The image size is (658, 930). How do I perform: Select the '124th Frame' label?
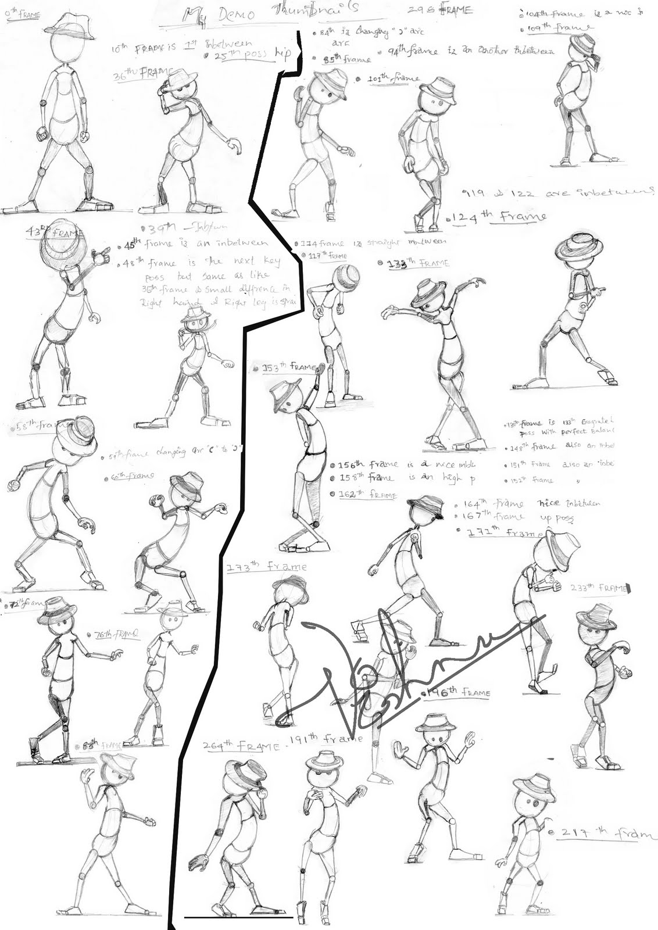coord(499,217)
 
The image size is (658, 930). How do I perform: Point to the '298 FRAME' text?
coord(448,10)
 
